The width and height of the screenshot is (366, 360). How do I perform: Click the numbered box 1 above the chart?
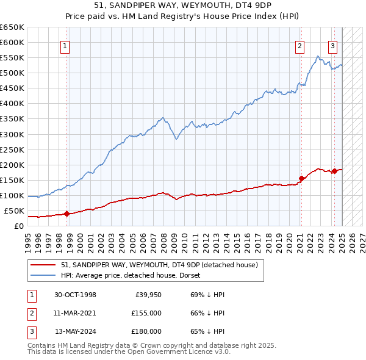(x=65, y=45)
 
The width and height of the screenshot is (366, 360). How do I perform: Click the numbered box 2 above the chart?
(x=300, y=45)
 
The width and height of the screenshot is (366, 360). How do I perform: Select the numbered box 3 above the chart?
(x=333, y=45)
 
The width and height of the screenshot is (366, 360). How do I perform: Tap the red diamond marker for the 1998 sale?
(x=67, y=214)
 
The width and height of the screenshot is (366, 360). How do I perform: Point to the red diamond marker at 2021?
(x=301, y=178)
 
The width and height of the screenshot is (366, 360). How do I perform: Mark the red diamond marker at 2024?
(x=334, y=171)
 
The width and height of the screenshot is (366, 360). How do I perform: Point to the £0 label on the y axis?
(x=19, y=226)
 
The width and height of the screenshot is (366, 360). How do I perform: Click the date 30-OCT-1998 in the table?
(x=75, y=295)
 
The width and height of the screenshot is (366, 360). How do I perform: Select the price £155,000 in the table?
(x=147, y=313)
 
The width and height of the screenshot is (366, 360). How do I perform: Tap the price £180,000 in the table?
(x=147, y=331)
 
